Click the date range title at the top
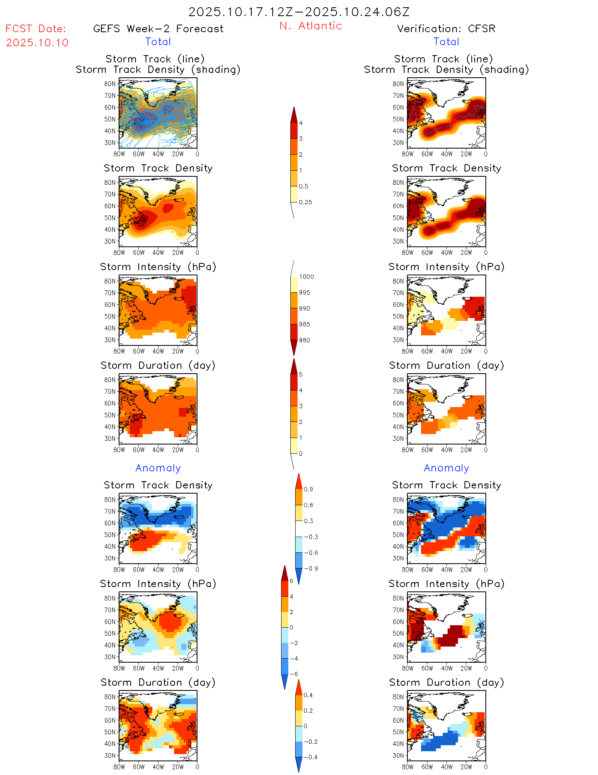point(299,12)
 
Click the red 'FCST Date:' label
point(36,29)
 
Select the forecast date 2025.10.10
point(37,43)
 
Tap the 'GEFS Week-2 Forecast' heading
point(158,29)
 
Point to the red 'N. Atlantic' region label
point(310,26)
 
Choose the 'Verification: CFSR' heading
point(446,29)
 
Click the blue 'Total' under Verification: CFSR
point(446,41)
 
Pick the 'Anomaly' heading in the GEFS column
point(158,468)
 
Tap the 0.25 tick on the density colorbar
point(305,202)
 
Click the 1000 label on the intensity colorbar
point(306,277)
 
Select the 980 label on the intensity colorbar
point(304,340)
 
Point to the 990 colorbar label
point(304,308)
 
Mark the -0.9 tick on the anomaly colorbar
point(310,568)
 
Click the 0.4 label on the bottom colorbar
point(308,695)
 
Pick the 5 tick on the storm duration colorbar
point(300,374)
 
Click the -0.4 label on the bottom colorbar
point(310,757)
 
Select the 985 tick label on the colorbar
point(304,324)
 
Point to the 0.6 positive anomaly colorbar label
point(308,505)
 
